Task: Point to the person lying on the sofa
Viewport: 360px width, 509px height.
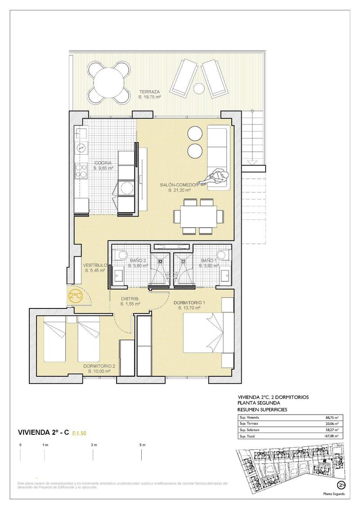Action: [x=215, y=177]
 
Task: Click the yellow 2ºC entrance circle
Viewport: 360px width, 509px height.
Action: [x=75, y=296]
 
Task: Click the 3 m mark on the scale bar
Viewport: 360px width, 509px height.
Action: [x=93, y=445]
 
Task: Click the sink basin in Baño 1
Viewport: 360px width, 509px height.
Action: [x=225, y=273]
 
